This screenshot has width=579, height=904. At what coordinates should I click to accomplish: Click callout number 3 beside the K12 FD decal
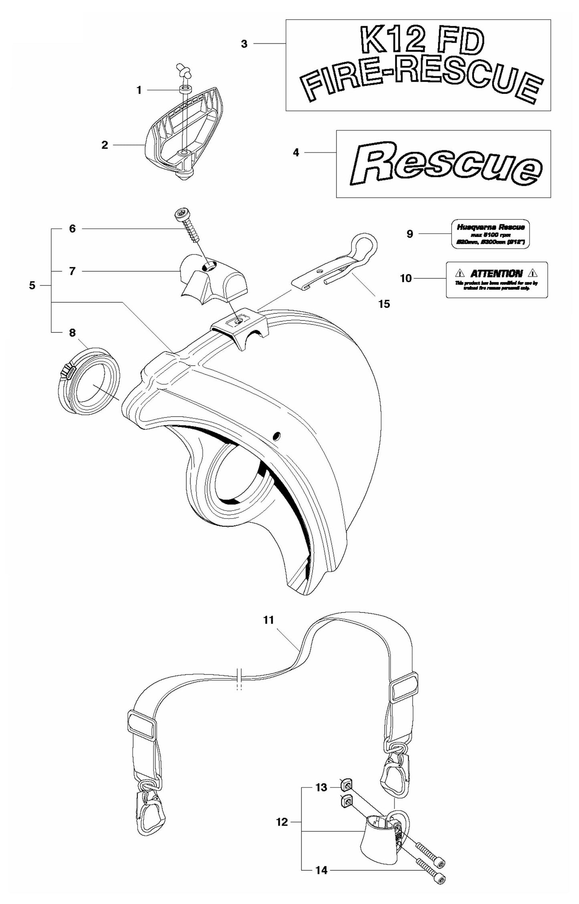244,44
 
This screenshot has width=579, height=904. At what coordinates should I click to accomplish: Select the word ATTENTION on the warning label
496,274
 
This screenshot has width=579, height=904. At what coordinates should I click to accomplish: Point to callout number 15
383,304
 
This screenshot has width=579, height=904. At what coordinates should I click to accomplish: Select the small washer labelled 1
185,88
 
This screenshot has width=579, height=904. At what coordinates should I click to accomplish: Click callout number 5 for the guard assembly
32,286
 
